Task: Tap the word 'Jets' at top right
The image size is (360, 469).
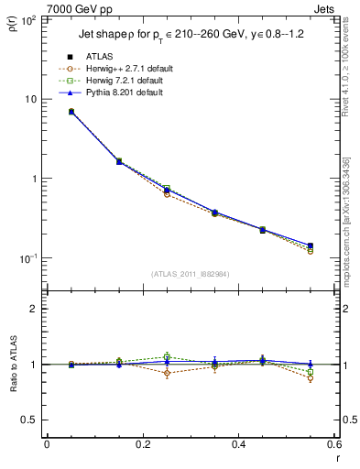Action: (326, 8)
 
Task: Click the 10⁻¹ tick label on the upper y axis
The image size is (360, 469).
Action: (27, 258)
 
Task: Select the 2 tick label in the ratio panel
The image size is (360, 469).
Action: (34, 309)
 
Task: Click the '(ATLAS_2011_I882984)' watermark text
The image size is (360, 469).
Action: (190, 273)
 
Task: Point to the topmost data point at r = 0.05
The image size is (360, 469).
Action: (71, 112)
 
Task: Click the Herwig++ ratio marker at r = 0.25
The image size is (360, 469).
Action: (167, 373)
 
